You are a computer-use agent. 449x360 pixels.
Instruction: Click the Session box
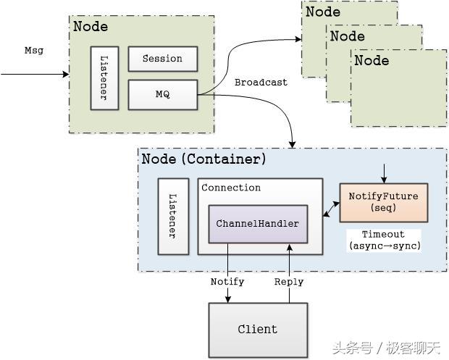coord(162,59)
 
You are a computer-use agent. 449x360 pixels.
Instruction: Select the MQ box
coord(162,94)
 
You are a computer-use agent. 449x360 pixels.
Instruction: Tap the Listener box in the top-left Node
coord(104,78)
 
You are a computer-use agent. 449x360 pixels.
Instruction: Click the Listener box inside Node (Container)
coord(173,216)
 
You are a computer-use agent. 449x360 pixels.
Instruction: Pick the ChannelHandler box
coord(257,224)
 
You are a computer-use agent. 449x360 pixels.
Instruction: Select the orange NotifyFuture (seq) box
coord(383,202)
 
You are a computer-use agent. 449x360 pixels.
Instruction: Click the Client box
coord(257,329)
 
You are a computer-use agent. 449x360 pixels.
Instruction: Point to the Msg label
coord(34,50)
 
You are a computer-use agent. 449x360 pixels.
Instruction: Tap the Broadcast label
coord(261,83)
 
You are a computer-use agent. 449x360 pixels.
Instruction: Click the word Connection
coord(231,188)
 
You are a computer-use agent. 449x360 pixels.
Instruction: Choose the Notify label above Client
coord(227,281)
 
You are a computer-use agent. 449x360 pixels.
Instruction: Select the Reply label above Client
coord(289,281)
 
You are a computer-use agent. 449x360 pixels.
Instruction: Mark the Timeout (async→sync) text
coord(383,240)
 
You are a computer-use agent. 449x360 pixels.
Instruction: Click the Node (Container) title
coord(203,159)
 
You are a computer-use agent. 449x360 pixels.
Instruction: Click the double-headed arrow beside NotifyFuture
coord(331,209)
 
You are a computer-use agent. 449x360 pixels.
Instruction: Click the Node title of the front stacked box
coord(371,60)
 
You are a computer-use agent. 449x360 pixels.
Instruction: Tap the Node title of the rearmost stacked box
coord(322,12)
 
